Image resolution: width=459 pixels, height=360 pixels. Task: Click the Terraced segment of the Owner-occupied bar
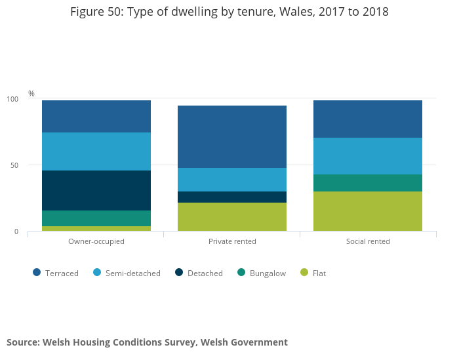pos(96,116)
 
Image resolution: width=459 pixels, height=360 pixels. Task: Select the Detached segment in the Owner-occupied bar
pos(96,190)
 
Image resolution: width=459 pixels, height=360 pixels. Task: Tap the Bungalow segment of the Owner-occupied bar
pos(96,218)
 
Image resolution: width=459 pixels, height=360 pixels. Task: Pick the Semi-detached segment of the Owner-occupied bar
pos(96,151)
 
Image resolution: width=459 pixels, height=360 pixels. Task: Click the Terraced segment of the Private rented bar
pos(232,136)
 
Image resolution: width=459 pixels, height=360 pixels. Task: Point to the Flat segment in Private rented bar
pos(232,217)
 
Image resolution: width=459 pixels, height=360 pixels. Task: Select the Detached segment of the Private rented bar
pos(232,197)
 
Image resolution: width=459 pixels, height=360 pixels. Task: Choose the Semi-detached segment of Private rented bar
pos(232,180)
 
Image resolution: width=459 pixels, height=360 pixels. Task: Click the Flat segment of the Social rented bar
pos(368,211)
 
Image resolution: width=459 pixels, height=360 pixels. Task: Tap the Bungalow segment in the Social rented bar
pos(368,183)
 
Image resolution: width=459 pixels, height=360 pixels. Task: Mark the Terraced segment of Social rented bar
pos(368,119)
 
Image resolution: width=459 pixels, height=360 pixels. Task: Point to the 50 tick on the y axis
pos(14,165)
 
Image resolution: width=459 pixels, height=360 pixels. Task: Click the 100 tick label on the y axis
pos(12,99)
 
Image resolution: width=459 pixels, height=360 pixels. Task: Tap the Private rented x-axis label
pos(232,241)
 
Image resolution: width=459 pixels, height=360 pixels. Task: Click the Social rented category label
pos(368,241)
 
